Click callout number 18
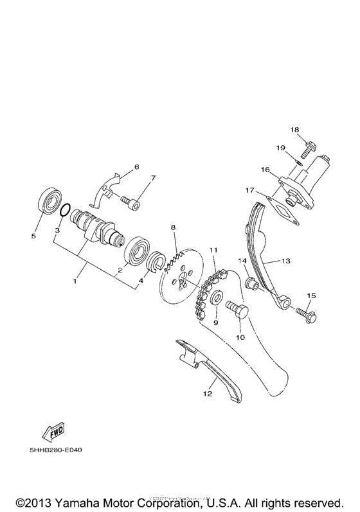(295, 129)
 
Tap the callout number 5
(34, 236)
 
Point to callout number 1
(75, 281)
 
